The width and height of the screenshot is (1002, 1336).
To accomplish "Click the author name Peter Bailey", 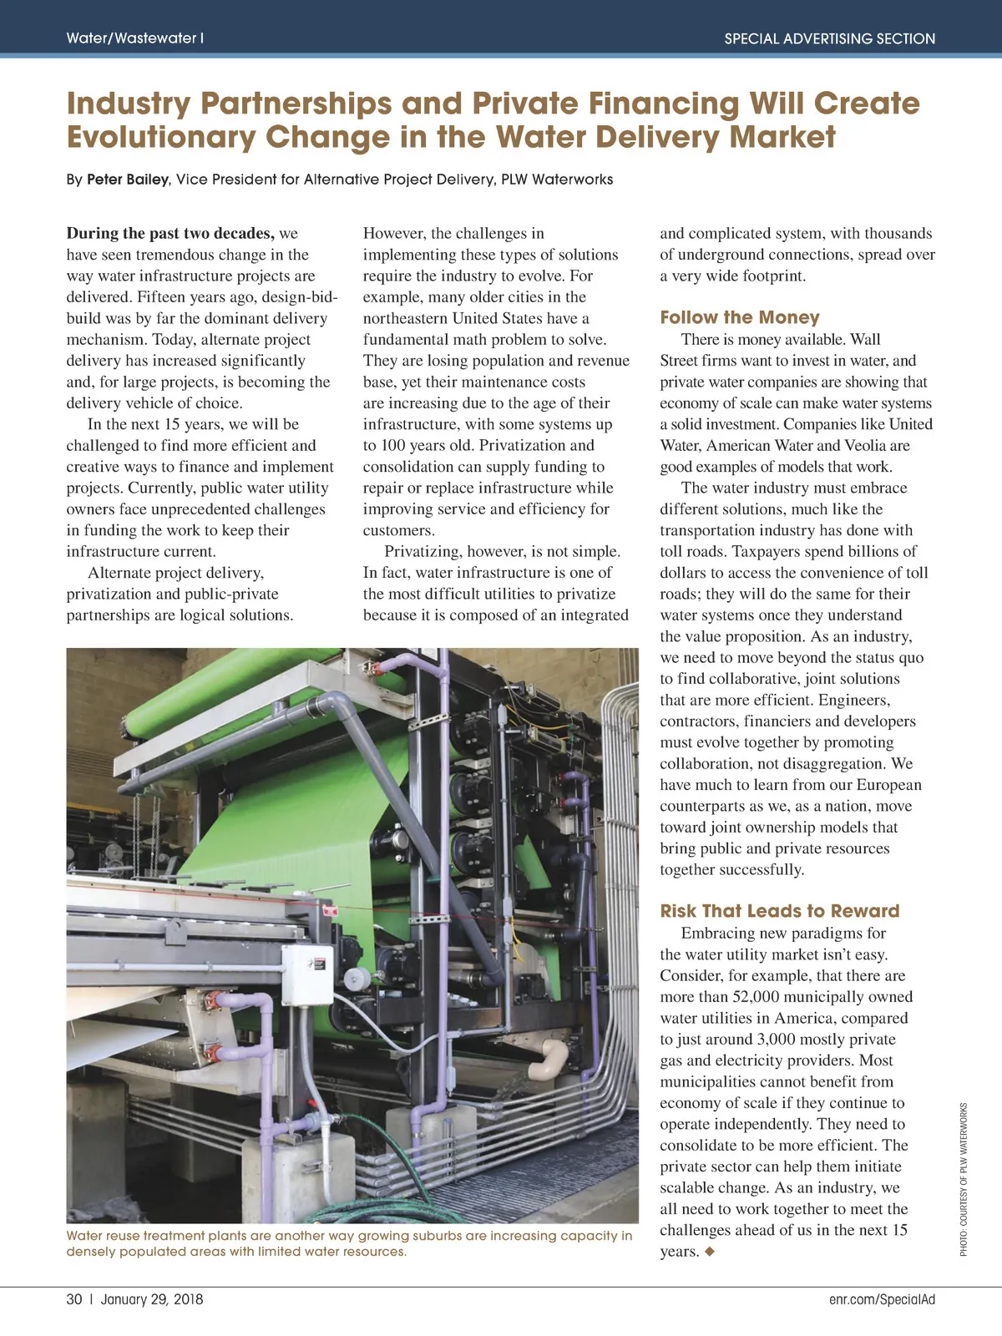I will [127, 180].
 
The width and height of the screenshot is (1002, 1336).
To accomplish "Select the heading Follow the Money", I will [739, 317].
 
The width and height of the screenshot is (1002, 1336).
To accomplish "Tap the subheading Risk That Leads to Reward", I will [779, 911].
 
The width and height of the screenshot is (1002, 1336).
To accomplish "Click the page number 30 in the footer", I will [74, 1299].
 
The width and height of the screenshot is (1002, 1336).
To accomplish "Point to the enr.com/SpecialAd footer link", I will [882, 1299].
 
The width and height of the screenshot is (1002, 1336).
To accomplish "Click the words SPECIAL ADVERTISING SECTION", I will [829, 38].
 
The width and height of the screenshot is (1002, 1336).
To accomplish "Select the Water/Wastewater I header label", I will [134, 38].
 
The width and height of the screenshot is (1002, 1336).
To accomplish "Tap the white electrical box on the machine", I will [306, 973].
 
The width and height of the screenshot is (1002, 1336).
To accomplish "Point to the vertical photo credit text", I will [964, 1179].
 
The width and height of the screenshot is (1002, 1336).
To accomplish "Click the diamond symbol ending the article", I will [710, 1252].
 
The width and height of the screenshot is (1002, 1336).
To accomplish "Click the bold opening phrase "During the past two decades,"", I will [170, 234].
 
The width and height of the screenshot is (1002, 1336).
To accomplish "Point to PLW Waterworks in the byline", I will [557, 180].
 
